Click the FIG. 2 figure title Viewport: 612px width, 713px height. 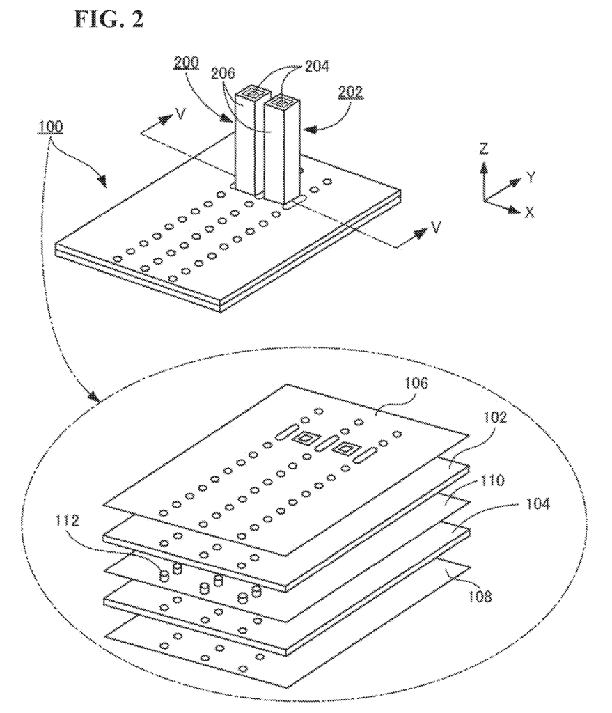point(109,19)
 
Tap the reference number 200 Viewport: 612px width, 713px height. point(185,62)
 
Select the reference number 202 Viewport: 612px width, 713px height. point(351,93)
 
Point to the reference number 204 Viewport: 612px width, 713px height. point(316,66)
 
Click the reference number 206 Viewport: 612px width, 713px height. point(223,73)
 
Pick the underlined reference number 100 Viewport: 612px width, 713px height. point(50,127)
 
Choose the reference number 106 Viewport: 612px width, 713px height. point(416,384)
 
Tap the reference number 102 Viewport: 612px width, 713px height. point(494,418)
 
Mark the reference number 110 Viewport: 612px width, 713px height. point(492,480)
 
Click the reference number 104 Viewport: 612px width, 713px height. point(538,503)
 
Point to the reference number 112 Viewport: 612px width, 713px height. point(67,520)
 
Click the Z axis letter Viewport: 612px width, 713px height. point(484,148)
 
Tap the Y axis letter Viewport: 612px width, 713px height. point(531,178)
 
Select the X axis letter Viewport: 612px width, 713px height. point(529,212)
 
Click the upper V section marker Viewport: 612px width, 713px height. point(180,113)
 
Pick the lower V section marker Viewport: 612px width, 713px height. point(437,227)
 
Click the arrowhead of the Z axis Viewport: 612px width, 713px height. point(484,169)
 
